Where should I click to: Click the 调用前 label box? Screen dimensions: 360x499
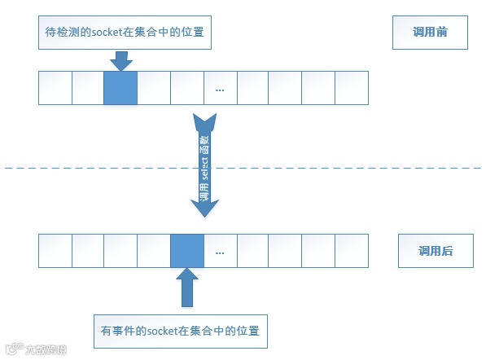coord(430,35)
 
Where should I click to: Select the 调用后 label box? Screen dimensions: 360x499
coord(435,251)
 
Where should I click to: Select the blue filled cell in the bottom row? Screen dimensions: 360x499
coord(186,251)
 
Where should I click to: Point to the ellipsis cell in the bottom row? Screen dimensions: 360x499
coord(220,251)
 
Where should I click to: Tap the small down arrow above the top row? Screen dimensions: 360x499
coord(120,59)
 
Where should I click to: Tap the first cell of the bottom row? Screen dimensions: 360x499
coord(55,251)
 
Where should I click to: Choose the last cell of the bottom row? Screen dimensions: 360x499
coord(352,251)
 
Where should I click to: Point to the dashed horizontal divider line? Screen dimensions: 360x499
coord(326,169)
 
